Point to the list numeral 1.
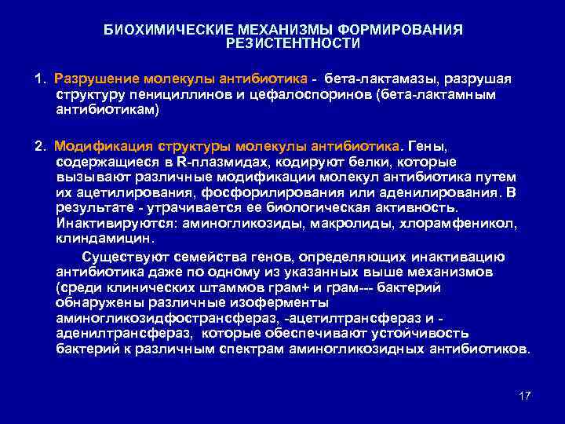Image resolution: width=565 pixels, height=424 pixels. coord(38,79)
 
